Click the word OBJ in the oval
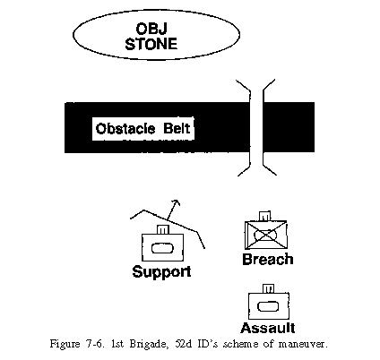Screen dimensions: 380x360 tap(151, 29)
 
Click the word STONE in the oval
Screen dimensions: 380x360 tap(151, 44)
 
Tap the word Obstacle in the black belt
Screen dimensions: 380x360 tap(125, 128)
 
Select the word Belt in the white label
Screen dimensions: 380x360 tap(177, 128)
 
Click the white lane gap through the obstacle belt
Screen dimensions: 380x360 tap(256, 127)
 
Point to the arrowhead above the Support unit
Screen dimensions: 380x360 tap(177, 203)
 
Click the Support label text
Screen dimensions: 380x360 tap(161, 271)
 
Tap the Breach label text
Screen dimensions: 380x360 tap(268, 259)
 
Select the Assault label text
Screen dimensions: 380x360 tap(268, 328)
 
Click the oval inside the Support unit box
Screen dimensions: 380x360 tap(162, 248)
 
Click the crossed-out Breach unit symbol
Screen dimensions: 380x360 tap(266, 236)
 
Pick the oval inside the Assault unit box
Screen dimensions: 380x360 tap(268, 306)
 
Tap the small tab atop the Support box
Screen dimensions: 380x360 tap(163, 229)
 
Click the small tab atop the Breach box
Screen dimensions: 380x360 tap(264, 216)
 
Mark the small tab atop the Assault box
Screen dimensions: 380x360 tap(268, 289)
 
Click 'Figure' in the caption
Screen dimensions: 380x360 tap(65, 344)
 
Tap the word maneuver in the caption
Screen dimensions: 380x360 tap(303, 345)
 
